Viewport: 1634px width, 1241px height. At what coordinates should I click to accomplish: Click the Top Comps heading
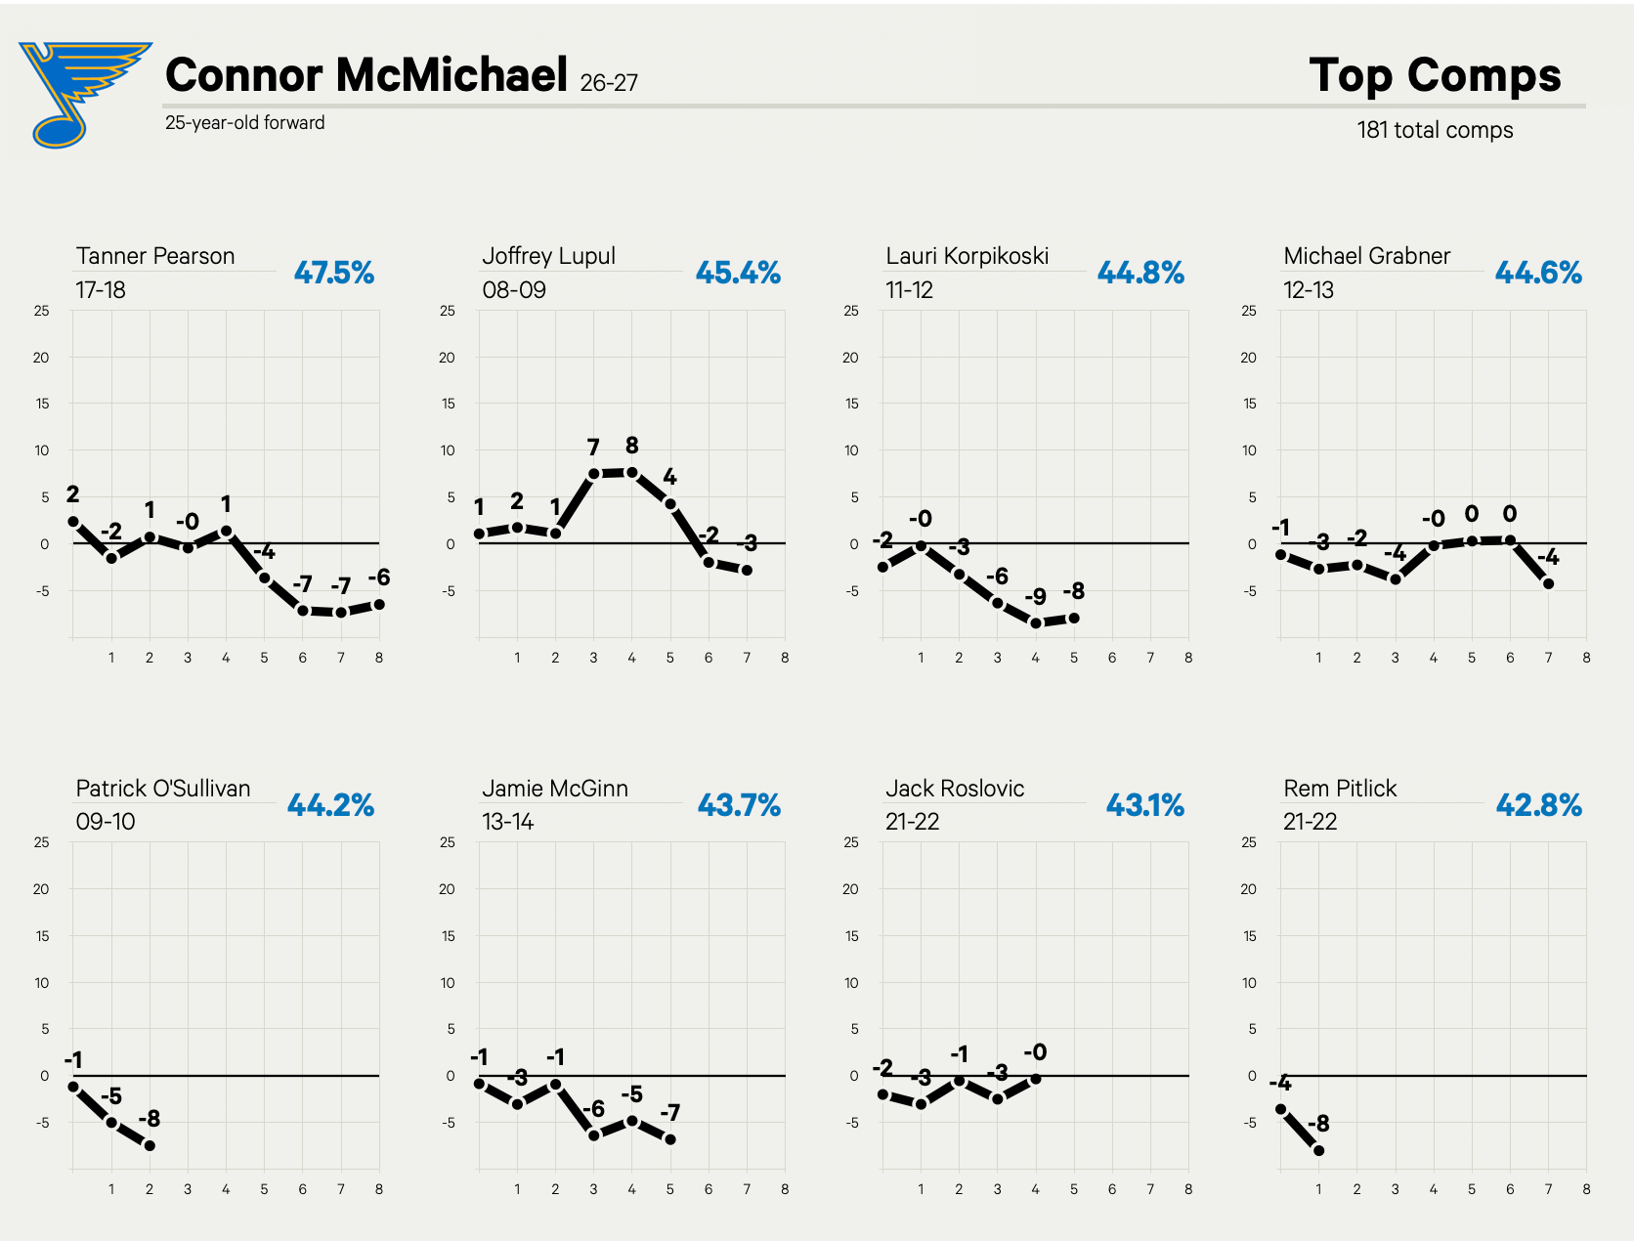click(1435, 75)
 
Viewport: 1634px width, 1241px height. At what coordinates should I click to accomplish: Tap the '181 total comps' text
click(1435, 130)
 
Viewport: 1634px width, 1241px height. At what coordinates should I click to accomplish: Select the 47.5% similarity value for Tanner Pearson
click(333, 273)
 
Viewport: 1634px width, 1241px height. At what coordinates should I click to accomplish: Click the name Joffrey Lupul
click(548, 256)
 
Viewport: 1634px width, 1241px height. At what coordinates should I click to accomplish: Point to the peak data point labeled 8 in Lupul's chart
click(632, 472)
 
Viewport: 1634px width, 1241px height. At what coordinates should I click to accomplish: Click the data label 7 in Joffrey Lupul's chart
click(592, 448)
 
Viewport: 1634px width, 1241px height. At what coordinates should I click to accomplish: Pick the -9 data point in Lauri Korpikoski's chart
click(1036, 623)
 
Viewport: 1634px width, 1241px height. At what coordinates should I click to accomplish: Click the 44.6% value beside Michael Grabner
click(1538, 273)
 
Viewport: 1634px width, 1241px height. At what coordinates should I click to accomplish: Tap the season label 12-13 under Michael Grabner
click(1308, 290)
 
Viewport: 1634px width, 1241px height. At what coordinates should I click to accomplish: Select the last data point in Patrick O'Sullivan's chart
click(150, 1146)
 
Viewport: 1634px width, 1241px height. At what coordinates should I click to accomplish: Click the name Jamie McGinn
click(555, 788)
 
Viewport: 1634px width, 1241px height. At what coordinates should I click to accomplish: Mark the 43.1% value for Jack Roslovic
click(1145, 805)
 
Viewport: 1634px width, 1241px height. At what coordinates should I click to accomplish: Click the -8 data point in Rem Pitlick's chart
click(1319, 1151)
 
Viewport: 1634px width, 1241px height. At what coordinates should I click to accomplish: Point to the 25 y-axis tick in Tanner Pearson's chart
click(41, 311)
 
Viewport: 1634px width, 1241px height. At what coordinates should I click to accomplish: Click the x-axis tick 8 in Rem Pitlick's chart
click(1586, 1189)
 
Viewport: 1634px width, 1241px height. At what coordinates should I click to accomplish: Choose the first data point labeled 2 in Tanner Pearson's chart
click(73, 522)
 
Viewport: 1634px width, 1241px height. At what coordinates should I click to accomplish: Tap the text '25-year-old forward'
click(245, 123)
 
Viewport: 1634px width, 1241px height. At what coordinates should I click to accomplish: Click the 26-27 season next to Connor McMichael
click(609, 83)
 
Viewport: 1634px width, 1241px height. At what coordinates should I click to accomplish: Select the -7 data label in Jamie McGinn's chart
click(670, 1113)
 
